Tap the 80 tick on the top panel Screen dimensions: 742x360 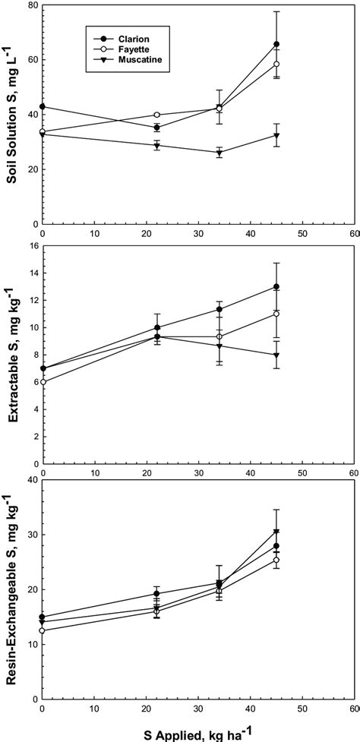pos(32,5)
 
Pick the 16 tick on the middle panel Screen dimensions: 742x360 pos(32,246)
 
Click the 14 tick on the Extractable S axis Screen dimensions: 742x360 pos(32,273)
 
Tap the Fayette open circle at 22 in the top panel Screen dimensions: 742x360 pos(157,115)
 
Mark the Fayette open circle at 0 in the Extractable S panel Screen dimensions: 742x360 pos(43,382)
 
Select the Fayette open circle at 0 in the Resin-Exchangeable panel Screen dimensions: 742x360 pos(43,630)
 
